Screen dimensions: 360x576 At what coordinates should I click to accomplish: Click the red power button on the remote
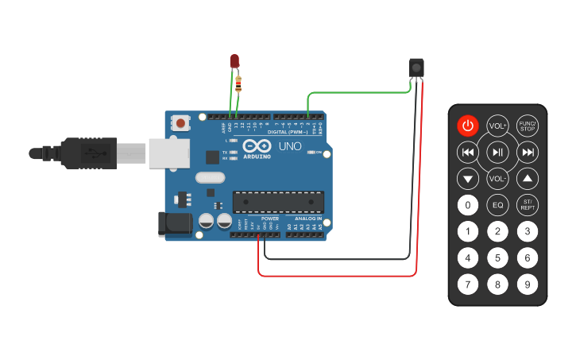pyautogui.click(x=468, y=126)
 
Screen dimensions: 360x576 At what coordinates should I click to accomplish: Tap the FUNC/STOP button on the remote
pyautogui.click(x=527, y=126)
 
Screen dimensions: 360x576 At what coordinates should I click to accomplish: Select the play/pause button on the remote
pyautogui.click(x=497, y=152)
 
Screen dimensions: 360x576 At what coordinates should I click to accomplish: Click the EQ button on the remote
pyautogui.click(x=497, y=206)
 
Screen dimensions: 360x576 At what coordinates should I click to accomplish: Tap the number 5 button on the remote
pyautogui.click(x=497, y=258)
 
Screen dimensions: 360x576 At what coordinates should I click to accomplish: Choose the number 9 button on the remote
pyautogui.click(x=527, y=284)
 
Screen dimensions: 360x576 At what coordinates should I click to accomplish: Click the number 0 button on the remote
pyautogui.click(x=468, y=206)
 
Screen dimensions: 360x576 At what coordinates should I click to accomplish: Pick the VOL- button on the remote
pyautogui.click(x=497, y=178)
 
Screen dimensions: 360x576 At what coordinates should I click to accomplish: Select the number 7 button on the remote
pyautogui.click(x=468, y=284)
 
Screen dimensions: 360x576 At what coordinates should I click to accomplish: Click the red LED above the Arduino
pyautogui.click(x=234, y=61)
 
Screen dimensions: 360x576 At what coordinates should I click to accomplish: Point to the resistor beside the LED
pyautogui.click(x=239, y=81)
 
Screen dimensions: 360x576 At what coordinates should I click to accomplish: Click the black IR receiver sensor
pyautogui.click(x=416, y=68)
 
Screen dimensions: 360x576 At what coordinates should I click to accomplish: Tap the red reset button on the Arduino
pyautogui.click(x=182, y=123)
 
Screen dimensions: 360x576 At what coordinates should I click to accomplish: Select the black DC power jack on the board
pyautogui.click(x=175, y=224)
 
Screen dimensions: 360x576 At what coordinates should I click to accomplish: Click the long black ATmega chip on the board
pyautogui.click(x=278, y=203)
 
